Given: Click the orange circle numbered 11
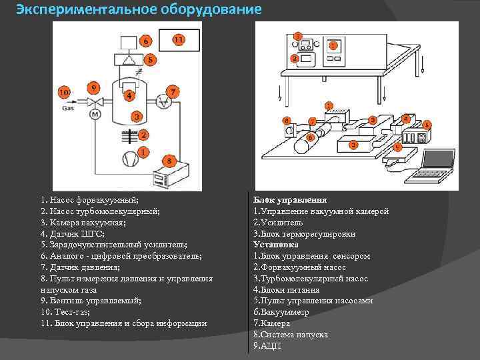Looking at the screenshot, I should coord(178,40).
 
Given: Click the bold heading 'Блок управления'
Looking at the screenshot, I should coord(290,199).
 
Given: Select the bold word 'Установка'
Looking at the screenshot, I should coord(276,245).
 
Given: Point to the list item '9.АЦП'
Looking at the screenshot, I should coord(267,346).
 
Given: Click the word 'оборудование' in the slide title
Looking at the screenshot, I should coord(210,10).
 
